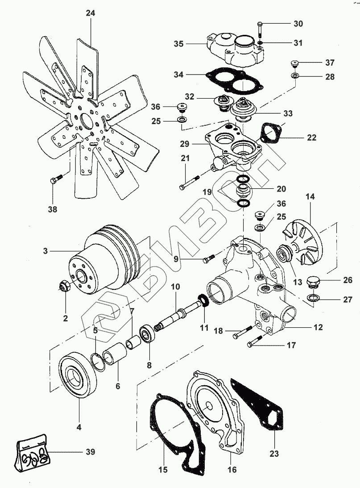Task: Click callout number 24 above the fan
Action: (91, 13)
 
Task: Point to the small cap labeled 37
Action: (294, 63)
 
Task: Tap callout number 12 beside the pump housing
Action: (318, 327)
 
